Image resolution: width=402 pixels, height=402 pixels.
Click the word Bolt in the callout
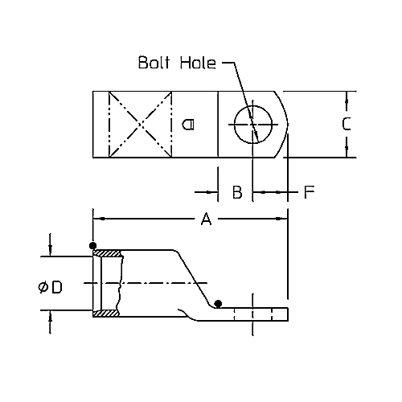click(154, 63)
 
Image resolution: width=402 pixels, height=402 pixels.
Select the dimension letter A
click(206, 218)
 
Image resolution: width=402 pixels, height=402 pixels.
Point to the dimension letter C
click(346, 125)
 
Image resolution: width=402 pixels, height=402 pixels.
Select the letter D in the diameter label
click(56, 287)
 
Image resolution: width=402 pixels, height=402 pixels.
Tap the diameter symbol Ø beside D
click(42, 287)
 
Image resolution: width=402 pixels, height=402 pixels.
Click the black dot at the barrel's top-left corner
click(93, 245)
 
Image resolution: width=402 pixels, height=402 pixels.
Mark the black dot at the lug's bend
click(218, 303)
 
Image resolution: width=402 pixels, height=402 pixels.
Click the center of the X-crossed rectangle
click(141, 124)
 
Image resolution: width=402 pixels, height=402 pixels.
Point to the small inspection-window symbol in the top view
click(187, 124)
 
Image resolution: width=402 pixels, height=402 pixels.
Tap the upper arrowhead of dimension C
click(346, 96)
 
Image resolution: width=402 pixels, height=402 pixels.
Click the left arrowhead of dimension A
click(98, 218)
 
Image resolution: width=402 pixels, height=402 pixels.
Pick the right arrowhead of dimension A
click(282, 218)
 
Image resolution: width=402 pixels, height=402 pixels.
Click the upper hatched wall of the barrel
click(108, 253)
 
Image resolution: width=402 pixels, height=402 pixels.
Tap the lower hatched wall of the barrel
click(108, 314)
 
